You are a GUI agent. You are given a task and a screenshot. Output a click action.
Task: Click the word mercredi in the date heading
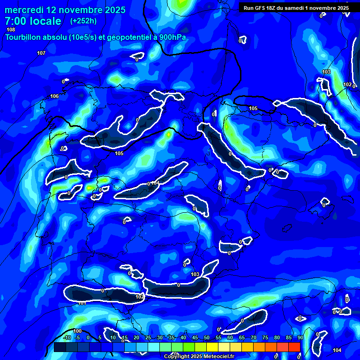point(24,10)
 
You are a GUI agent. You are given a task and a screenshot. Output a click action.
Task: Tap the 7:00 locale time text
point(33,21)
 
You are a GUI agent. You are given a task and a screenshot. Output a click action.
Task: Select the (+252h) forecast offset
point(83,21)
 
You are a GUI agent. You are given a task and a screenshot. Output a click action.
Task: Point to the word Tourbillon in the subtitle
point(24,37)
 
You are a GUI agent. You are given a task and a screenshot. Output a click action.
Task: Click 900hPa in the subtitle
point(171,37)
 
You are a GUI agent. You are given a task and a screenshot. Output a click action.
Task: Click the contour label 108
point(11,30)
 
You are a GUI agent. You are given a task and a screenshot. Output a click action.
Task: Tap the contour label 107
point(41,53)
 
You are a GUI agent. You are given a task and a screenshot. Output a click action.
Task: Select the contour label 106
point(54,96)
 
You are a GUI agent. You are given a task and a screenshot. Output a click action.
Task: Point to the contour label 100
point(77,331)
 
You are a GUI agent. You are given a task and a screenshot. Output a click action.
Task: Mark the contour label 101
point(82,303)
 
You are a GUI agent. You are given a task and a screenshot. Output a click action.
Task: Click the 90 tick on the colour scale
point(300,338)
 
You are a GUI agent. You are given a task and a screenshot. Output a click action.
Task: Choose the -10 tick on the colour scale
point(67,338)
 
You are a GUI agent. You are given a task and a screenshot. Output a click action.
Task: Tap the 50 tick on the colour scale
point(206,338)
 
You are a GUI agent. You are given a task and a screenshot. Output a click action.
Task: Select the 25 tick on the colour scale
point(148,338)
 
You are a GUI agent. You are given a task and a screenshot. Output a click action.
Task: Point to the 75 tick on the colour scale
point(265,338)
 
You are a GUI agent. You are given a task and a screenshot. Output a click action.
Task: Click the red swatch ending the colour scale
point(294,347)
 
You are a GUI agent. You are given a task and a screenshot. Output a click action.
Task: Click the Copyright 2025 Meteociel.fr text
point(199,356)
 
